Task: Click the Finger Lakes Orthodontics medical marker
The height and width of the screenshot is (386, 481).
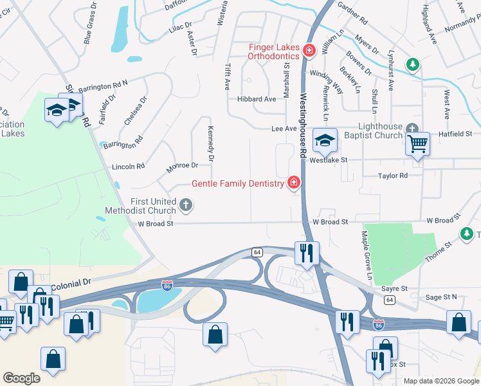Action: (x=309, y=50)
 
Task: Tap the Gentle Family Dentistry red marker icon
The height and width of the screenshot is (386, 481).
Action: (x=294, y=183)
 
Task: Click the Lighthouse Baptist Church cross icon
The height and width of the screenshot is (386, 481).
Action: (x=412, y=128)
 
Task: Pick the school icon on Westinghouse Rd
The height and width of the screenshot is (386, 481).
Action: (x=325, y=140)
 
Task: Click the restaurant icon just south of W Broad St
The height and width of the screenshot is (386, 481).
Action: (x=307, y=252)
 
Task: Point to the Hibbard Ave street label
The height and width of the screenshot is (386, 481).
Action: (x=256, y=99)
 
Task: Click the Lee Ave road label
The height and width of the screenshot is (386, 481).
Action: (x=284, y=129)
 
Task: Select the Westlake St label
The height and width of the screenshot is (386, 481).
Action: (x=328, y=160)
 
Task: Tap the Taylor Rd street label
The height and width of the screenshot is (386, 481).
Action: (x=393, y=175)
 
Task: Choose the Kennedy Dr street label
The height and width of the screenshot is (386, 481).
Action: (x=210, y=143)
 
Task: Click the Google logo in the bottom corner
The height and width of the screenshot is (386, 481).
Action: (x=21, y=378)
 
